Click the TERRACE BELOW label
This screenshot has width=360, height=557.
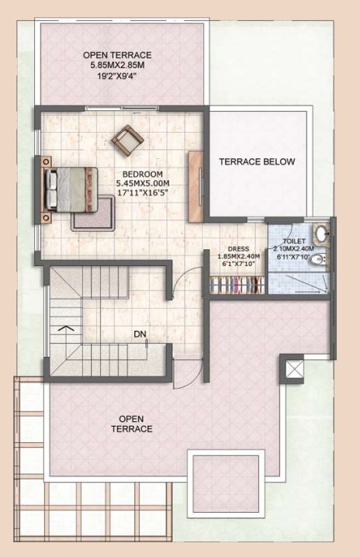pos(257,162)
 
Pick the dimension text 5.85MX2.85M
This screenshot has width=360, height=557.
pos(118,65)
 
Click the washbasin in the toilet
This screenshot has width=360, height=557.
pos(320,236)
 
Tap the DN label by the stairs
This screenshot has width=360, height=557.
pos(140,334)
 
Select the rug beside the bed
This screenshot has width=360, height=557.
pos(94,213)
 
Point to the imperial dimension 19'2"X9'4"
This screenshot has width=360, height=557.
pos(118,76)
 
